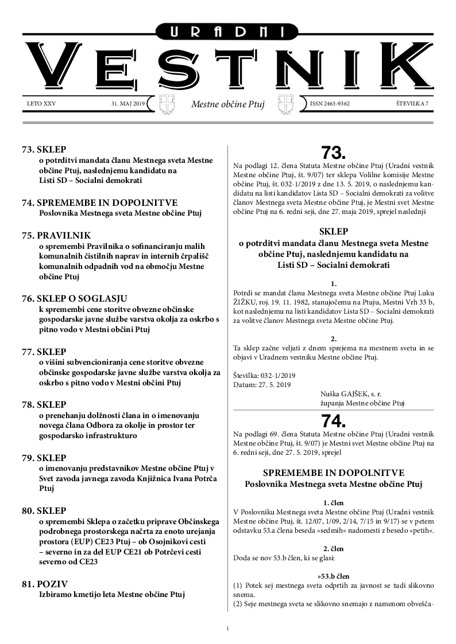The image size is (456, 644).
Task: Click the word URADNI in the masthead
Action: click(227, 33)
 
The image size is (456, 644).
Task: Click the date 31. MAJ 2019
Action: click(129, 104)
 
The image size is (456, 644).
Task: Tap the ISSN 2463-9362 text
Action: click(330, 104)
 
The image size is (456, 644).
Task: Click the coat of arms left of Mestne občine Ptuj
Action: click(166, 104)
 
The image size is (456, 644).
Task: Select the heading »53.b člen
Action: click(333, 574)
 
